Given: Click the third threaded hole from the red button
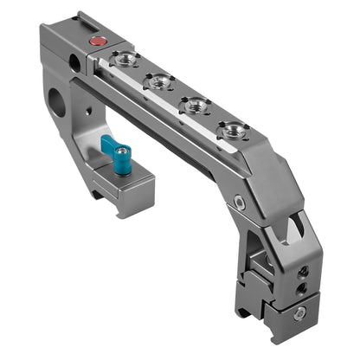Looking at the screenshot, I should coord(196,106).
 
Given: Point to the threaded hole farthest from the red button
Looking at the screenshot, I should coord(232,131).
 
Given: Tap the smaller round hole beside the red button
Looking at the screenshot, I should coord(75,62).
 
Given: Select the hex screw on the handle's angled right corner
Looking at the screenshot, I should coord(239,202).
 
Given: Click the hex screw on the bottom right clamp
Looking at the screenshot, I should coord(299,314).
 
